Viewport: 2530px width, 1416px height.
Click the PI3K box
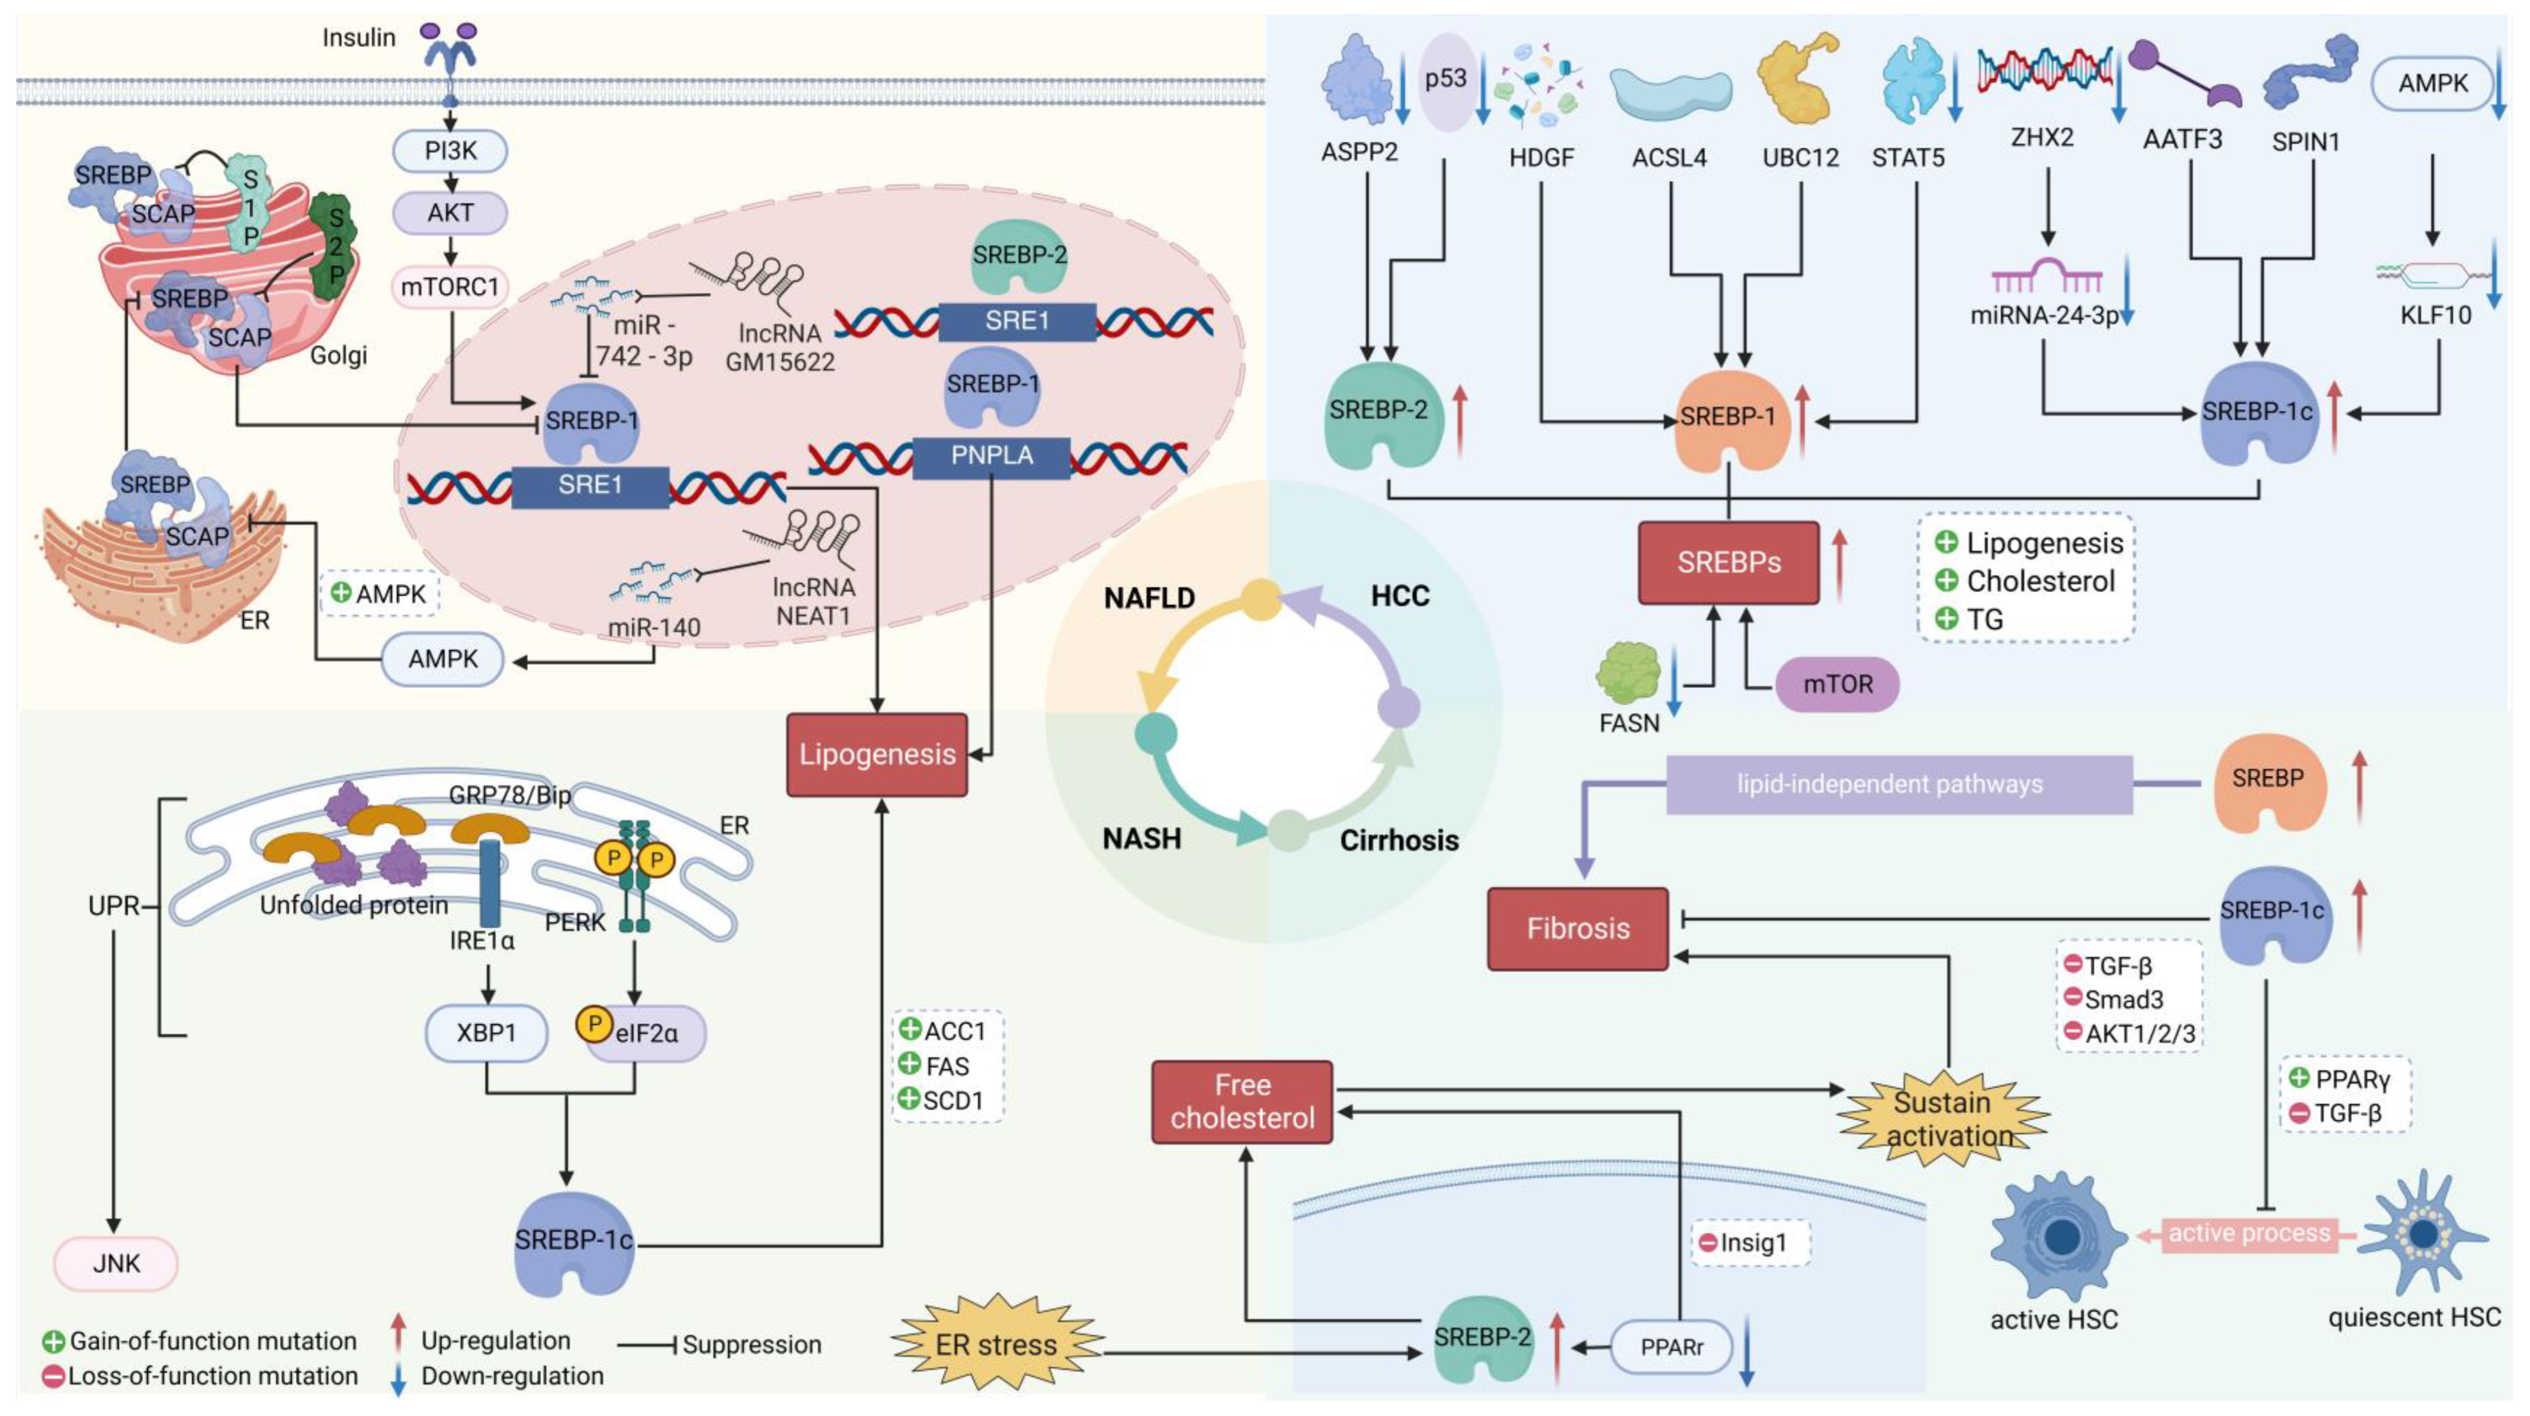(x=450, y=151)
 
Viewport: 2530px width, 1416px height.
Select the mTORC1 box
(x=450, y=287)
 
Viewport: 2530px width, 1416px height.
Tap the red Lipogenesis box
(x=876, y=754)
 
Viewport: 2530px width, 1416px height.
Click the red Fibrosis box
(x=1577, y=928)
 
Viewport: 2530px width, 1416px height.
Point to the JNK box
(x=116, y=1263)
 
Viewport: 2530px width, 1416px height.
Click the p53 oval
(x=1446, y=81)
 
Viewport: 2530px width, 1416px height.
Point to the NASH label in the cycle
(x=1141, y=839)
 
